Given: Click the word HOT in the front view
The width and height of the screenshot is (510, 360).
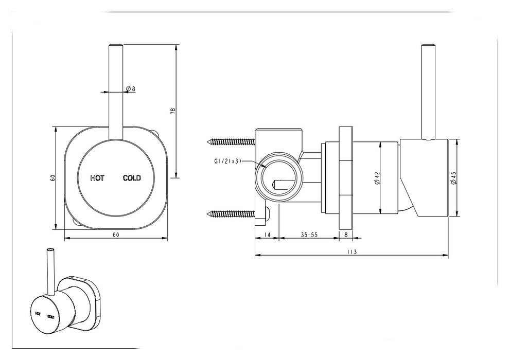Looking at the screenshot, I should [97, 178].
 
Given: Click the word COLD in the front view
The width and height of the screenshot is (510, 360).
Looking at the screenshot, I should [131, 178].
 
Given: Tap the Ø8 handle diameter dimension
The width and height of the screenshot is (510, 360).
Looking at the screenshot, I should [131, 89].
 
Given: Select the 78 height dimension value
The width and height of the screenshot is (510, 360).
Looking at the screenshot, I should [173, 111].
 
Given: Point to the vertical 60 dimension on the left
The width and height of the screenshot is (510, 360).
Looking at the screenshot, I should [52, 178].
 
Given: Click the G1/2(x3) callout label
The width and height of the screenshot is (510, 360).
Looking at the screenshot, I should [228, 161].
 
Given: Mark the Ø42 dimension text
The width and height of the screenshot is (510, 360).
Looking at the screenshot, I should [377, 178].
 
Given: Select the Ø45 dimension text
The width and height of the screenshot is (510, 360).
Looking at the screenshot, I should [453, 178].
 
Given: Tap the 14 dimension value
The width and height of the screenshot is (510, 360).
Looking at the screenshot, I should [266, 235].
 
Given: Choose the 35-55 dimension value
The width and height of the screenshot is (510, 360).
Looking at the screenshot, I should [309, 235].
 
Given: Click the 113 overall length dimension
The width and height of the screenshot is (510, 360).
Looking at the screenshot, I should [351, 251].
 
